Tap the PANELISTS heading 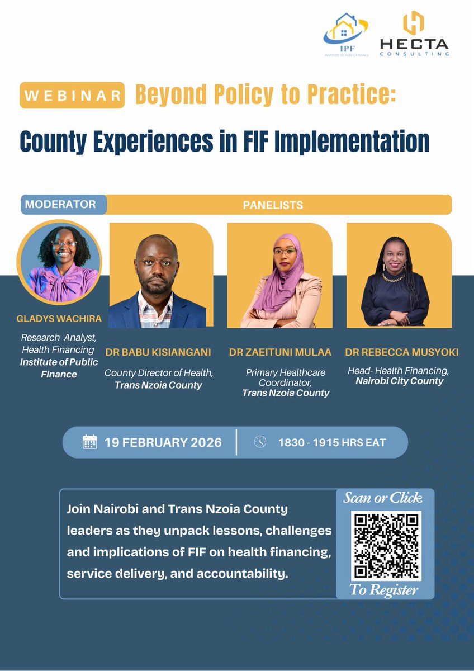273,205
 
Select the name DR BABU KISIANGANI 158,352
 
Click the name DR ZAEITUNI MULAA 280,352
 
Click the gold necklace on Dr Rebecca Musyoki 394,277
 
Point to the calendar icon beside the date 89,442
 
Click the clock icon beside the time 260,442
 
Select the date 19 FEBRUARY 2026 163,442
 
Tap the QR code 386,545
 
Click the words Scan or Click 383,498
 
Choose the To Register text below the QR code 384,589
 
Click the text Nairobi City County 399,381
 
